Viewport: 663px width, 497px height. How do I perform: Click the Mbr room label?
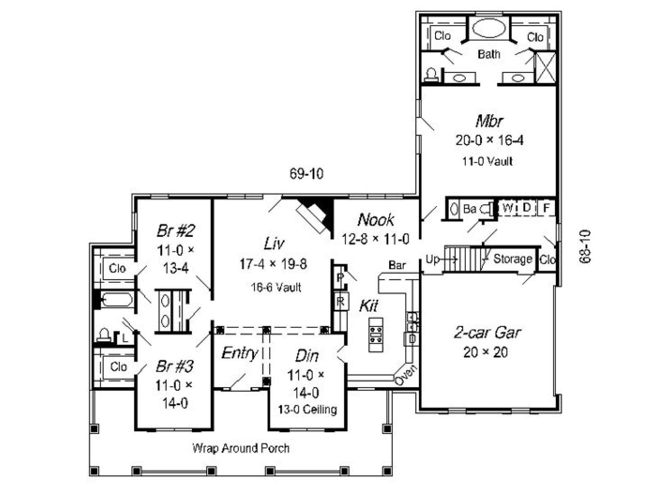click(489, 121)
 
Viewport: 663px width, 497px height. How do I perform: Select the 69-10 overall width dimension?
click(306, 174)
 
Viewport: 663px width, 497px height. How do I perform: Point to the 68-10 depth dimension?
click(585, 246)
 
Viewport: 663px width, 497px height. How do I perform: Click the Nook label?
click(375, 220)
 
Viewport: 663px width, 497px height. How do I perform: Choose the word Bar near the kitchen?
click(397, 265)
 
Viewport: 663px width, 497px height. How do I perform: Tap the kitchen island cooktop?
click(376, 335)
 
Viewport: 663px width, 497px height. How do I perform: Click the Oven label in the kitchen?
click(406, 375)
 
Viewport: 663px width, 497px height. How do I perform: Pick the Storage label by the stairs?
click(513, 259)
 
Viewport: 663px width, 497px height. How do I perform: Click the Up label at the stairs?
click(432, 259)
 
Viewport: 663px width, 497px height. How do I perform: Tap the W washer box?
click(507, 208)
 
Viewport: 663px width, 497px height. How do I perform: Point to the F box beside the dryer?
click(546, 208)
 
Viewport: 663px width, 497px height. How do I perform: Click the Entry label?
click(240, 353)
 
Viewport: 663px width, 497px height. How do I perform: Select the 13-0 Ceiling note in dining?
click(307, 410)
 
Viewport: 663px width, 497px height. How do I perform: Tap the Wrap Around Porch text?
click(241, 448)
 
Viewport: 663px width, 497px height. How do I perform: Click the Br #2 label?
click(176, 231)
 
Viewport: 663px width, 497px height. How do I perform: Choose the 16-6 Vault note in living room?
click(276, 287)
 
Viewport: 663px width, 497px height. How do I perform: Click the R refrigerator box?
click(341, 301)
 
